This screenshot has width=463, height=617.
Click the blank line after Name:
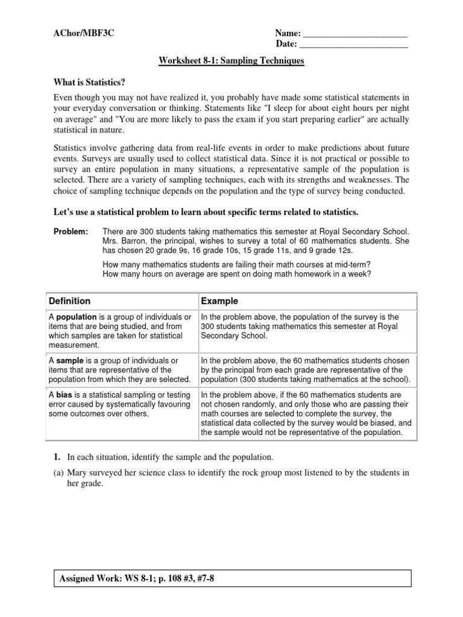pos(354,34)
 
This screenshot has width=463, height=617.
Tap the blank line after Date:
pos(353,45)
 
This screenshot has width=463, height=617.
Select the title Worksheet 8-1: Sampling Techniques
pos(231,61)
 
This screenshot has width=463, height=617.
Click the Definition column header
pos(69,301)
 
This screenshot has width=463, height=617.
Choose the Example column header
pos(219,301)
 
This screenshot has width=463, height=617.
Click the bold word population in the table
pos(75,317)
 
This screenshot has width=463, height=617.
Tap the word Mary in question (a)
pos(77,473)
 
